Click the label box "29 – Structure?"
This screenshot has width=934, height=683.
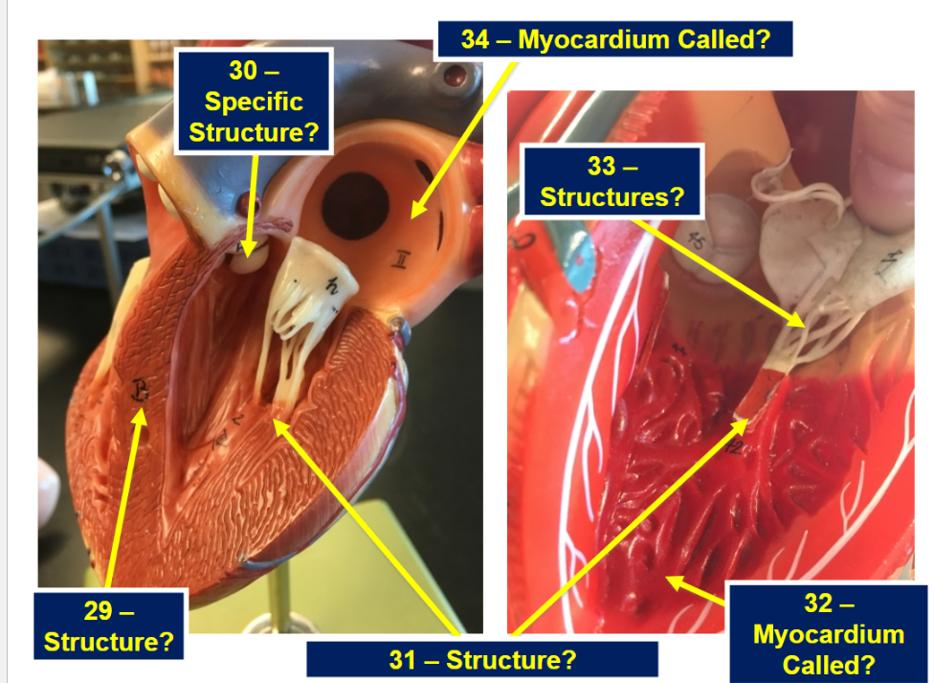(108, 625)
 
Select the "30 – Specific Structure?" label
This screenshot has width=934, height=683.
(254, 101)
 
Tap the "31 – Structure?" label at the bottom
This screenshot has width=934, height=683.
(482, 660)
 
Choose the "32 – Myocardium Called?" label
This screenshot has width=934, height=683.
(828, 633)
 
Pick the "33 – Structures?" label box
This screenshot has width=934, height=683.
(612, 181)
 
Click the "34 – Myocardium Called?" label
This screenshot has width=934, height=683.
(615, 39)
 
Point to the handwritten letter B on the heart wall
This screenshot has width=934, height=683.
(140, 390)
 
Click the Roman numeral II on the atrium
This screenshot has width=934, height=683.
(400, 261)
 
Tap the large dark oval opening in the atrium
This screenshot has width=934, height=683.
(356, 206)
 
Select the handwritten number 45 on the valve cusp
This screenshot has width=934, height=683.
(697, 241)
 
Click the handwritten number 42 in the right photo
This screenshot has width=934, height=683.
(733, 447)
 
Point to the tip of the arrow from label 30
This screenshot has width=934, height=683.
(249, 257)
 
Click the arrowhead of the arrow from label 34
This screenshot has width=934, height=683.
(412, 217)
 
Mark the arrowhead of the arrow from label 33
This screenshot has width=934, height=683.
(806, 326)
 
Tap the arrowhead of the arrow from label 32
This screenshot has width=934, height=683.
(666, 578)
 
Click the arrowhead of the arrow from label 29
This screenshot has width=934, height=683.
(141, 408)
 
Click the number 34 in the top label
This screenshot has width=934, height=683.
(476, 40)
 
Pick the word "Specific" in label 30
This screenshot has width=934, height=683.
(254, 102)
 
